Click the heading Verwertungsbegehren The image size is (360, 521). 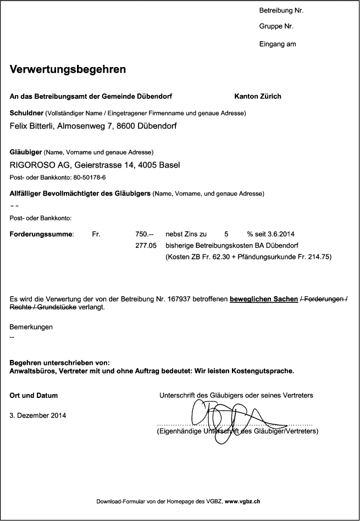(x=68, y=70)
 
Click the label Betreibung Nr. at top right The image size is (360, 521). (x=281, y=10)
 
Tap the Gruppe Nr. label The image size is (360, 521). (x=276, y=26)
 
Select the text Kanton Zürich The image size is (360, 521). (x=257, y=97)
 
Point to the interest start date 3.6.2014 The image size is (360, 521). (x=281, y=234)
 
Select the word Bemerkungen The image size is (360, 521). (x=31, y=327)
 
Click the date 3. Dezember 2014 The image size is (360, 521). (x=38, y=415)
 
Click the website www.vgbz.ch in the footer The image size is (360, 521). (x=242, y=501)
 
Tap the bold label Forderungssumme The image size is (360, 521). (x=42, y=234)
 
